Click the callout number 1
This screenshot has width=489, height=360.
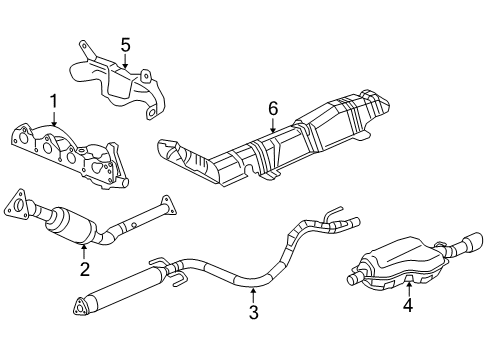tap(53, 101)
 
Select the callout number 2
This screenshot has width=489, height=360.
tap(85, 267)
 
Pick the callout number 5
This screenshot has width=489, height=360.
tap(125, 45)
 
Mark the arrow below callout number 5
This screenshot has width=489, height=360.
tap(125, 63)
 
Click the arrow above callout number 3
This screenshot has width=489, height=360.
tap(253, 293)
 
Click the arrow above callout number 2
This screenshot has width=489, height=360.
tap(85, 247)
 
